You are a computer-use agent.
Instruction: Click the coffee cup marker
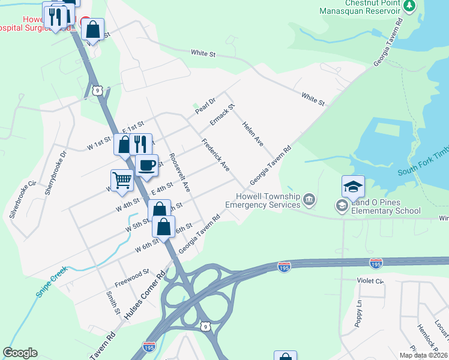147,165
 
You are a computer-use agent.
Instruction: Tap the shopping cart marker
121,180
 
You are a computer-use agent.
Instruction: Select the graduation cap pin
354,185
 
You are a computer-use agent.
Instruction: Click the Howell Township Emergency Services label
262,200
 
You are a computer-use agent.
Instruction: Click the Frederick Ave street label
215,155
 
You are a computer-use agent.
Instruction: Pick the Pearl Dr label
204,106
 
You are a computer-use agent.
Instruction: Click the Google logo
20,352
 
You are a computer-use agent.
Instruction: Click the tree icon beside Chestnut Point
409,6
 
